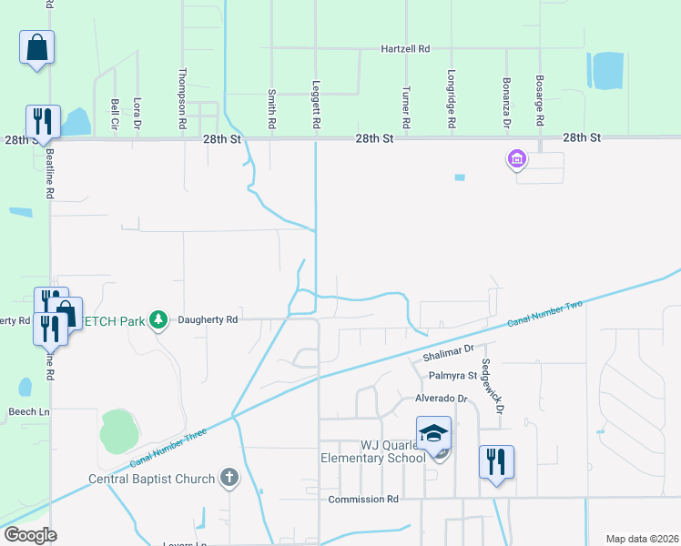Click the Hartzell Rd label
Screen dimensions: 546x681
coord(404,48)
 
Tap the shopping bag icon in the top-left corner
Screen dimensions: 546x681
coord(36,47)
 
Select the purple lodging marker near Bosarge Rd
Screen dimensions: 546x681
coord(516,161)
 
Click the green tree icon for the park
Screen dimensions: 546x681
coord(159,319)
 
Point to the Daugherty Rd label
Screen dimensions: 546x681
coord(208,319)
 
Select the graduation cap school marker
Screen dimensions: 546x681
coord(434,433)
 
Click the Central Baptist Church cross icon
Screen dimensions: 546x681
coord(229,477)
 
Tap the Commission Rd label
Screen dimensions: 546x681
coord(363,500)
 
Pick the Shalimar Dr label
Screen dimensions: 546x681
coord(449,350)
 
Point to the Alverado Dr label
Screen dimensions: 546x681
coord(442,399)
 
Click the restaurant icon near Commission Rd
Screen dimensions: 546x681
coord(496,461)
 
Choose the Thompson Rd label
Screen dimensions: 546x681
coord(183,98)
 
